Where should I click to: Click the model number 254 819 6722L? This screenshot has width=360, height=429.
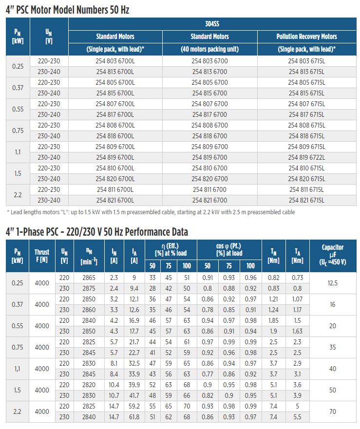click(x=306, y=157)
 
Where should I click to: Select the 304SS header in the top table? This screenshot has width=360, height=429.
click(x=212, y=24)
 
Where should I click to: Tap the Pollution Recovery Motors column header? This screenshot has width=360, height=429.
click(x=306, y=37)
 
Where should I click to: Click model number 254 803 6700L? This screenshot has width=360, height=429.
click(x=115, y=61)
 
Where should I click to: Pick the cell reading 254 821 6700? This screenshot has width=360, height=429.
click(x=209, y=200)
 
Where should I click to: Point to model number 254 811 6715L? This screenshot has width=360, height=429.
click(x=306, y=189)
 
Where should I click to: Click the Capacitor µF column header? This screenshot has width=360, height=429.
click(x=333, y=255)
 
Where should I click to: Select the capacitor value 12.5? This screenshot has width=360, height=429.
click(x=333, y=283)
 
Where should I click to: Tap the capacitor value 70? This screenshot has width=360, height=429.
click(x=333, y=411)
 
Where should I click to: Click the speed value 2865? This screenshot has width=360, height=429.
click(x=89, y=278)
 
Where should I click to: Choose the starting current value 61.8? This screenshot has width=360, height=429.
click(x=134, y=417)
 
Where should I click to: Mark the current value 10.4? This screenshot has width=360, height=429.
click(x=114, y=385)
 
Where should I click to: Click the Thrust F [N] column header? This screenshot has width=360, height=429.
click(x=42, y=256)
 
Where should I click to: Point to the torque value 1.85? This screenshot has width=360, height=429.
click(x=273, y=321)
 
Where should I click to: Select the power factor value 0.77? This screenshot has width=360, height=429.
click(x=208, y=374)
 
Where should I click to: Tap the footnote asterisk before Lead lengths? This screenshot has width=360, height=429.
click(x=8, y=211)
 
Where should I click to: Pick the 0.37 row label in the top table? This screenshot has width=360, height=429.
click(x=18, y=88)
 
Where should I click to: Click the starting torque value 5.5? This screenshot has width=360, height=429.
click(x=297, y=417)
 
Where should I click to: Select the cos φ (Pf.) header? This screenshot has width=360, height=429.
click(x=229, y=249)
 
